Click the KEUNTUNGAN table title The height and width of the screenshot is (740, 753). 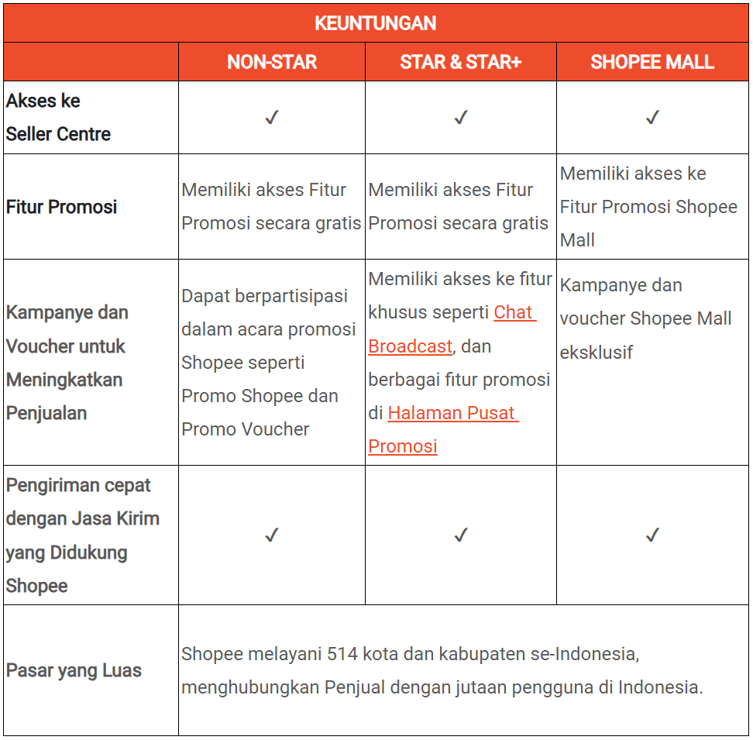click(376, 23)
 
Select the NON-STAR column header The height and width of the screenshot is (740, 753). click(271, 63)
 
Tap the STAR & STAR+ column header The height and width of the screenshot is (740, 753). click(460, 63)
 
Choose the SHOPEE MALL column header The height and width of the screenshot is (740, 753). click(652, 63)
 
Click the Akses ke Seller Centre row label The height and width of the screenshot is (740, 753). click(58, 118)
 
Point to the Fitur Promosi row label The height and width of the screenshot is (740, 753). click(61, 207)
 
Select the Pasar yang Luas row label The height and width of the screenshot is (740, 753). click(74, 670)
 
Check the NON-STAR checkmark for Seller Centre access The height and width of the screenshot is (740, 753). click(271, 118)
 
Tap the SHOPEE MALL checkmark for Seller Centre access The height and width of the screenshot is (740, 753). click(652, 118)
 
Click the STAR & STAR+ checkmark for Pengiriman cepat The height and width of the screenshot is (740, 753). click(461, 535)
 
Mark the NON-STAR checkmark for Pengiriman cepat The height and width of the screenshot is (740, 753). click(271, 535)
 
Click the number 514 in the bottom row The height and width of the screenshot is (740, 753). click(342, 654)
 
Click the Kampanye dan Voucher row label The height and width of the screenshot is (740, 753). click(67, 363)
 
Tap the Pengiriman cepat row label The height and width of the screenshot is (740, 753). click(81, 535)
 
